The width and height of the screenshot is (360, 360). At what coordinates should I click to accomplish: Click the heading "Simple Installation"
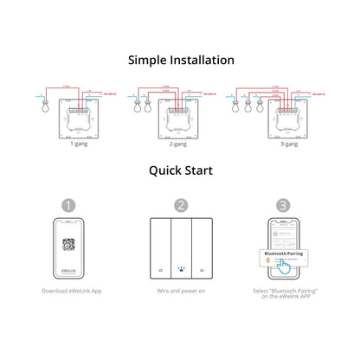(x=180, y=61)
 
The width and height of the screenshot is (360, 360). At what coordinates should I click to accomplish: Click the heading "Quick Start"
(x=180, y=171)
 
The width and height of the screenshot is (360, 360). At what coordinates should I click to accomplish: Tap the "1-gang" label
(x=80, y=146)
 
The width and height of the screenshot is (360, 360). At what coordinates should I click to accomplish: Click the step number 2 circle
(x=180, y=206)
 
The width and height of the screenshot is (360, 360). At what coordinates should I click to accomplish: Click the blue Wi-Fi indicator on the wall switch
(x=180, y=269)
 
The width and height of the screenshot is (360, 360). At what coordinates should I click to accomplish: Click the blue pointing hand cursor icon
(x=281, y=272)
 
